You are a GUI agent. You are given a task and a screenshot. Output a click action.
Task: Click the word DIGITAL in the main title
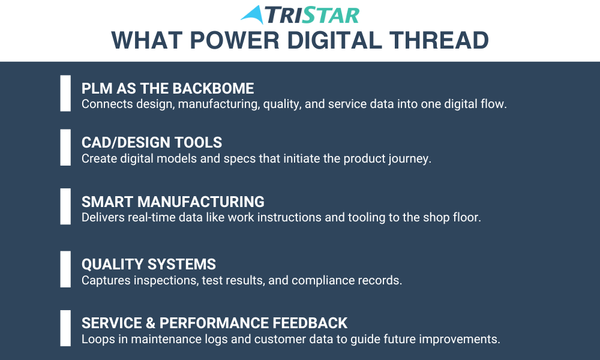pyautogui.click(x=334, y=40)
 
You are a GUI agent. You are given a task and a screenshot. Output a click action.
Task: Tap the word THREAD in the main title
pyautogui.click(x=439, y=40)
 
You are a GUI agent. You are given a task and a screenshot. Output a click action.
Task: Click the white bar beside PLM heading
pyautogui.click(x=65, y=93)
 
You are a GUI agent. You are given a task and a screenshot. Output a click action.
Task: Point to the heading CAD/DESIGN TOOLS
pyautogui.click(x=152, y=142)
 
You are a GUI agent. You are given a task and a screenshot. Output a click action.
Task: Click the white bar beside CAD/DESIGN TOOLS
pyautogui.click(x=65, y=147)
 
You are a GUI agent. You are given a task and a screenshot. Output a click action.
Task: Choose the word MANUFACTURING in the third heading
pyautogui.click(x=201, y=202)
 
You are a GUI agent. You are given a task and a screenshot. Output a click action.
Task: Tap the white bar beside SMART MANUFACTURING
pyautogui.click(x=65, y=206)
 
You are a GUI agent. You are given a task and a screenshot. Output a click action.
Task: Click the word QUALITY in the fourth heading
pyautogui.click(x=113, y=265)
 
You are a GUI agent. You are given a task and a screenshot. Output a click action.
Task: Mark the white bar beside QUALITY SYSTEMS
pyautogui.click(x=65, y=269)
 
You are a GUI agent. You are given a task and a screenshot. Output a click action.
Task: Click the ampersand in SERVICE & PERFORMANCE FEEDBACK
pyautogui.click(x=151, y=323)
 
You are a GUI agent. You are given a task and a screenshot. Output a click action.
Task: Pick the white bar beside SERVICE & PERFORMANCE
pyautogui.click(x=65, y=328)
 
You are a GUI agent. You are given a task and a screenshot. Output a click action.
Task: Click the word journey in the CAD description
pyautogui.click(x=410, y=159)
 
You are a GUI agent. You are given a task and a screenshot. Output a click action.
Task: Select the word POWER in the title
pyautogui.click(x=235, y=40)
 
